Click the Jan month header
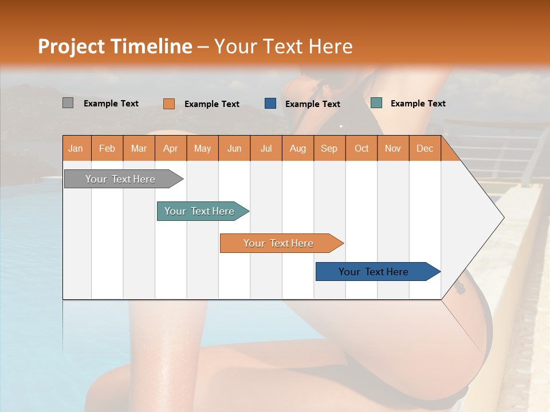point(76,148)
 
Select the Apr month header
point(171,148)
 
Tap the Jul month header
point(266,148)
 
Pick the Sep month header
point(329,148)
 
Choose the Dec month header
point(425,148)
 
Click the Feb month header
point(107,148)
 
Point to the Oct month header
point(362,148)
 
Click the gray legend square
point(68,103)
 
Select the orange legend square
point(169,104)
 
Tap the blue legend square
point(270,104)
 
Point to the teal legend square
point(376,103)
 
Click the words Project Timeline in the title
point(115,46)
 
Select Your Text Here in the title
point(283,46)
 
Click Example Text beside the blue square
point(312,104)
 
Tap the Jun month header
point(234,148)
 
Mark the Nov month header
point(393,148)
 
